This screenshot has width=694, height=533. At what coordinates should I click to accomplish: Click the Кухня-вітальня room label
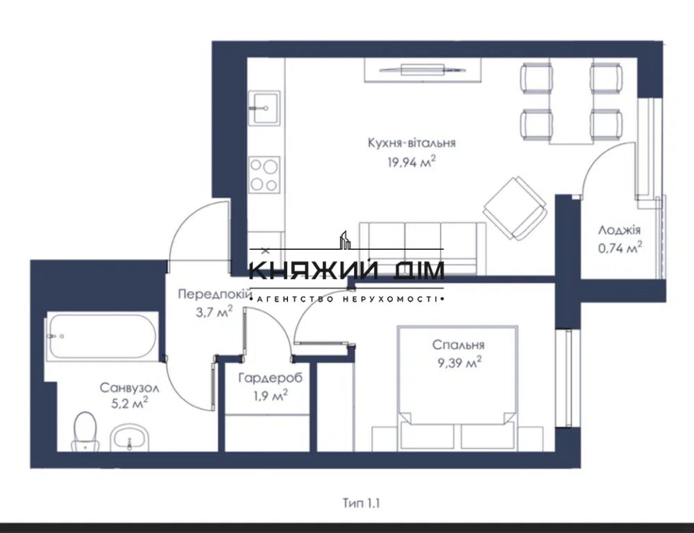click(x=412, y=143)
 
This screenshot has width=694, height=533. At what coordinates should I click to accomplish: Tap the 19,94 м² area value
click(x=412, y=162)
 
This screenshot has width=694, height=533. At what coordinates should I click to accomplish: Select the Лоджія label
click(x=619, y=230)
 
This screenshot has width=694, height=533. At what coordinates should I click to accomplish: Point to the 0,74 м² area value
click(x=619, y=247)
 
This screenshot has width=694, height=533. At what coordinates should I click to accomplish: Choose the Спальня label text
click(x=458, y=345)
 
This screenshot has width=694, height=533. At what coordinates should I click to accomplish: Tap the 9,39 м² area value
click(x=458, y=362)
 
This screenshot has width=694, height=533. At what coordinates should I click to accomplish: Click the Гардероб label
click(x=263, y=379)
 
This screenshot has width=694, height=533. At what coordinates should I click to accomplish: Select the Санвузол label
click(x=124, y=387)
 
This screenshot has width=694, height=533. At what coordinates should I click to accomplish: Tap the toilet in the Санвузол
click(x=85, y=431)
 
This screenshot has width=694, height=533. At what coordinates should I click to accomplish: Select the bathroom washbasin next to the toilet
click(x=129, y=437)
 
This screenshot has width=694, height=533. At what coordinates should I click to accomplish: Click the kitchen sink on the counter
click(x=264, y=108)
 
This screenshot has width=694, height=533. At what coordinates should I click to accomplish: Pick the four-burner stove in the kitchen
click(x=264, y=174)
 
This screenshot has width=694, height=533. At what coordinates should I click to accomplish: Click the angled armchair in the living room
click(x=513, y=206)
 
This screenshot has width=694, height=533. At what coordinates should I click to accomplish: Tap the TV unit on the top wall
click(x=423, y=70)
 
